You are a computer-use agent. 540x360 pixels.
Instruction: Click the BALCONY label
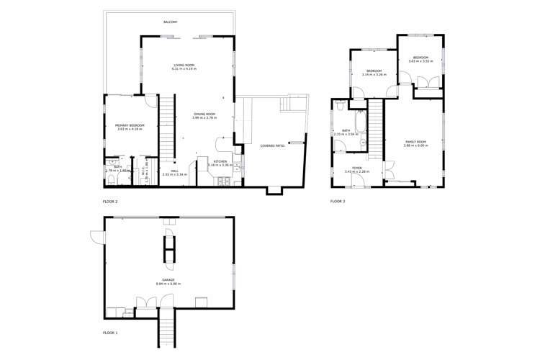pyautogui.click(x=170, y=22)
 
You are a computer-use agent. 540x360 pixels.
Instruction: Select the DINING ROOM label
pyautogui.click(x=204, y=114)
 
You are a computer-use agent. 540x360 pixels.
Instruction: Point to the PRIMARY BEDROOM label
pyautogui.click(x=130, y=125)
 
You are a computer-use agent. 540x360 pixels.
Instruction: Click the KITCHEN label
pyautogui.click(x=220, y=161)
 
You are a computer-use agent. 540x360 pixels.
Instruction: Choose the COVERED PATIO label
pyautogui.click(x=272, y=145)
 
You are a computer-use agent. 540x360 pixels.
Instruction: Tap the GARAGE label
pyautogui.click(x=168, y=280)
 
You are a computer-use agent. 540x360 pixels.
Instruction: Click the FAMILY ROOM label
pyautogui.click(x=416, y=142)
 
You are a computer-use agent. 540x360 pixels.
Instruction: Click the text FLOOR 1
pyautogui.click(x=110, y=333)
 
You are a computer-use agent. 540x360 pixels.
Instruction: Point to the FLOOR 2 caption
pyautogui.click(x=110, y=202)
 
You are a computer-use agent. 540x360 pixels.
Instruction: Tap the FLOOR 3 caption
pyautogui.click(x=338, y=202)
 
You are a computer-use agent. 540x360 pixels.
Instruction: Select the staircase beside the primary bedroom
pyautogui.click(x=168, y=126)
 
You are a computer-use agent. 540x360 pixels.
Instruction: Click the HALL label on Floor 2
pyautogui.click(x=174, y=171)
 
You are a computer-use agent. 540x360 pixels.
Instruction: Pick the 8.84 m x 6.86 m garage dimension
pyautogui.click(x=168, y=284)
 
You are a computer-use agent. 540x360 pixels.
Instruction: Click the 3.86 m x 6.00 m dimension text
pyautogui.click(x=416, y=146)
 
